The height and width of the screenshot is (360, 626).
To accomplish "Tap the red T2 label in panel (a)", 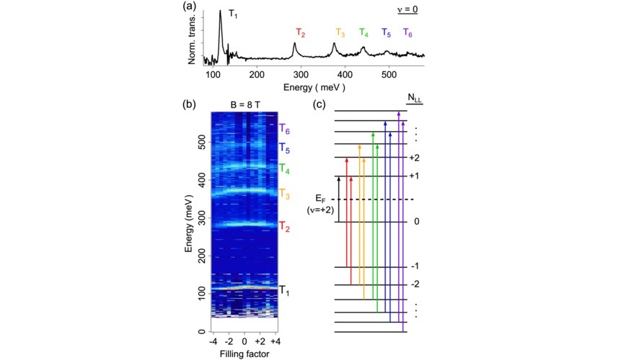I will pos(300,33).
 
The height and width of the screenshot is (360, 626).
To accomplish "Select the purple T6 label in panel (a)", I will pos(407,33).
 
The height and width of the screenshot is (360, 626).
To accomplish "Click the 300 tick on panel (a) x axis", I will pos(301,74).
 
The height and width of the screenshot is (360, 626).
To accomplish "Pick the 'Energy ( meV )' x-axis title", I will pos(314,86).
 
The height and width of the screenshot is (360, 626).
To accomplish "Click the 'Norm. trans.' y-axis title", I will pos(193,42).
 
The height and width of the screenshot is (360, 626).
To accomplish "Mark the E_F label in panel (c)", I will pos(321,197).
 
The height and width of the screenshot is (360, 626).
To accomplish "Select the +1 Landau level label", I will pos(414,176).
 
